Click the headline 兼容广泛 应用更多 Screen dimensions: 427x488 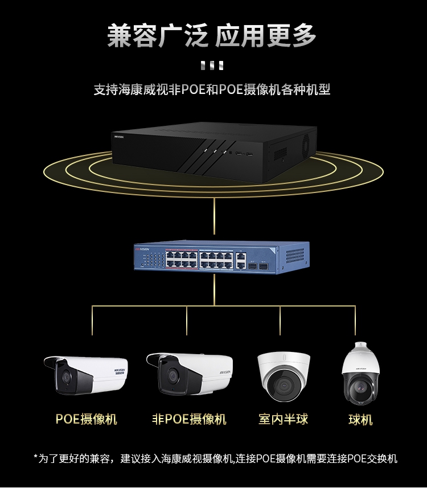tap(212, 36)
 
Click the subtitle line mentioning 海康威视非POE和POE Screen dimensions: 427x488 tap(212, 89)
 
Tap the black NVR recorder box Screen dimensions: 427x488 tap(214, 151)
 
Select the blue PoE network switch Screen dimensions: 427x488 tap(221, 257)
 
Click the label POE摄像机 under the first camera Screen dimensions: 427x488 tap(86, 419)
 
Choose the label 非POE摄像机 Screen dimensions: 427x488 tap(189, 419)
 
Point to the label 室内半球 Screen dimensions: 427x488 tap(283, 419)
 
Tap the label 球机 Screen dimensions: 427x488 tap(360, 420)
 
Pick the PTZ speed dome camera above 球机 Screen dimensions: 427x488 tap(361, 374)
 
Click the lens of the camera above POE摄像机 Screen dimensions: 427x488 tap(66, 377)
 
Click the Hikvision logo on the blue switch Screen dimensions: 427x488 tap(142, 249)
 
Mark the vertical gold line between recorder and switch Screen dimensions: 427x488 tap(214, 216)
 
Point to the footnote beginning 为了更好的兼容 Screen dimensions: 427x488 tap(215, 458)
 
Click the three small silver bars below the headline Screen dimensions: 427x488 tap(212, 65)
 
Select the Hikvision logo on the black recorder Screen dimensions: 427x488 tap(119, 137)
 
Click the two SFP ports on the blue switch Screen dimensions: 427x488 tap(258, 266)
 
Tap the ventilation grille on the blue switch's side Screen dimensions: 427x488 tap(295, 256)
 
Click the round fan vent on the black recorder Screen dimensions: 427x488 tap(306, 144)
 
